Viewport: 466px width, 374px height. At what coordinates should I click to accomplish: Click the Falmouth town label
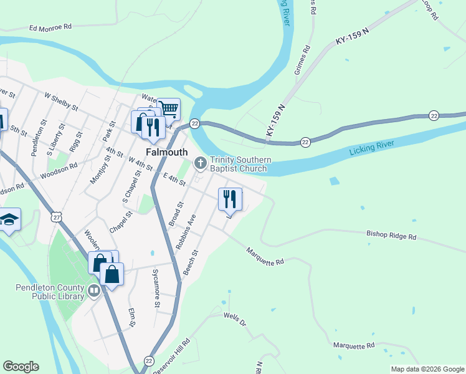166,152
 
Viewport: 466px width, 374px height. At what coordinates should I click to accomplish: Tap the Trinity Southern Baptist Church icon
200,163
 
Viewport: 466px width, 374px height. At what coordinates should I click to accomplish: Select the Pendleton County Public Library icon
93,290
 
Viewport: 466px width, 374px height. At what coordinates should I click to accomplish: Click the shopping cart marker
168,110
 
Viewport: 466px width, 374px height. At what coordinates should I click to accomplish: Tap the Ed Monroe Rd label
50,27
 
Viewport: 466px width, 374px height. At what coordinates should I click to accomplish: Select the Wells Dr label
235,320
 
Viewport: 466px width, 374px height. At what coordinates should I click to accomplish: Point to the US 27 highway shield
57,217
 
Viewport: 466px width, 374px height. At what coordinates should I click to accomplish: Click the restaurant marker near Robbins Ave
230,199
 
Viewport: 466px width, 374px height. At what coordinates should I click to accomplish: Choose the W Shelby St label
60,102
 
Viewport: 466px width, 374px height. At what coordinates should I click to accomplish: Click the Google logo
21,367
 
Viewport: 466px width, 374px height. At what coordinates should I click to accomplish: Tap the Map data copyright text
427,369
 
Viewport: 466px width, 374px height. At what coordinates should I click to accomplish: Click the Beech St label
191,262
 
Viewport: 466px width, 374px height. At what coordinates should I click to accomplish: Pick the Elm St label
131,317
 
